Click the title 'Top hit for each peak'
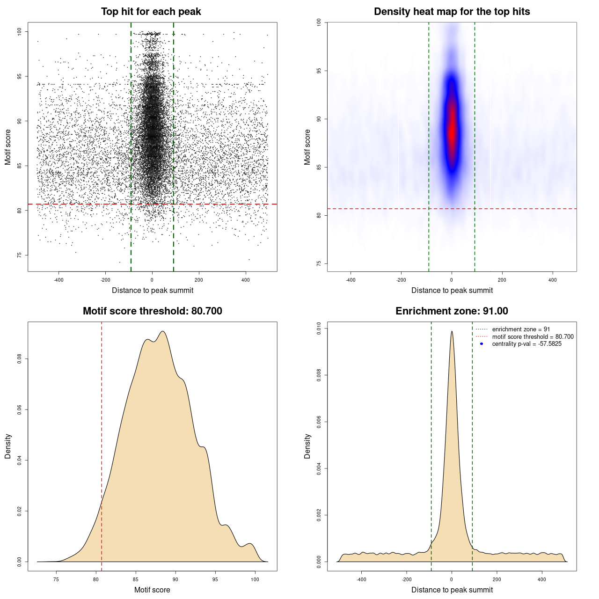151,12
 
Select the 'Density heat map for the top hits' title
452,12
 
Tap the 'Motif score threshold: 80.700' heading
152,311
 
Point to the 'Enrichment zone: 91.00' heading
452,311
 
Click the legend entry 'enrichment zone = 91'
521,329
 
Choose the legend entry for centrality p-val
526,344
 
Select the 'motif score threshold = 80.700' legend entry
533,337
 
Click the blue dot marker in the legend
482,344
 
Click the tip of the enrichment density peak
452,331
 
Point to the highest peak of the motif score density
163,331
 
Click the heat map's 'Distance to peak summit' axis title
452,290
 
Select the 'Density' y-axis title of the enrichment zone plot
307,446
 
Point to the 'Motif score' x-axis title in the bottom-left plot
152,590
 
